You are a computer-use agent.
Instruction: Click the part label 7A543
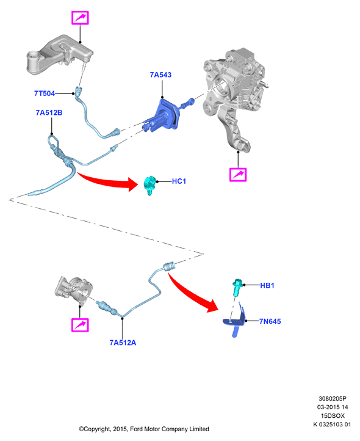click(160, 75)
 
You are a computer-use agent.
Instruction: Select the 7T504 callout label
click(45, 93)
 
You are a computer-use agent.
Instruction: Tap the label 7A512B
click(49, 113)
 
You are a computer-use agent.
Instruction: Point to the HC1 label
click(179, 181)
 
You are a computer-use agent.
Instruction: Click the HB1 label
click(267, 285)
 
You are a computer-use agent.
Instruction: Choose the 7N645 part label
click(270, 321)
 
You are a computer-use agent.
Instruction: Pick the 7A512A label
click(123, 343)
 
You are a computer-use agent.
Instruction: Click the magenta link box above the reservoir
click(80, 18)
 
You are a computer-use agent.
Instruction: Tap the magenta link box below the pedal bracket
click(238, 175)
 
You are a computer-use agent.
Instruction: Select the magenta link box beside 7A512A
click(80, 325)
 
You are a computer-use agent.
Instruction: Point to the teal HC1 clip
click(149, 184)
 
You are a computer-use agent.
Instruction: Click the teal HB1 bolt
click(237, 287)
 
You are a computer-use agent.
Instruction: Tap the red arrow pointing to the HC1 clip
click(107, 181)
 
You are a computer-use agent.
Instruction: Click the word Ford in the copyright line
click(136, 429)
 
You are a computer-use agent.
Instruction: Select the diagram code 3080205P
click(333, 398)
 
